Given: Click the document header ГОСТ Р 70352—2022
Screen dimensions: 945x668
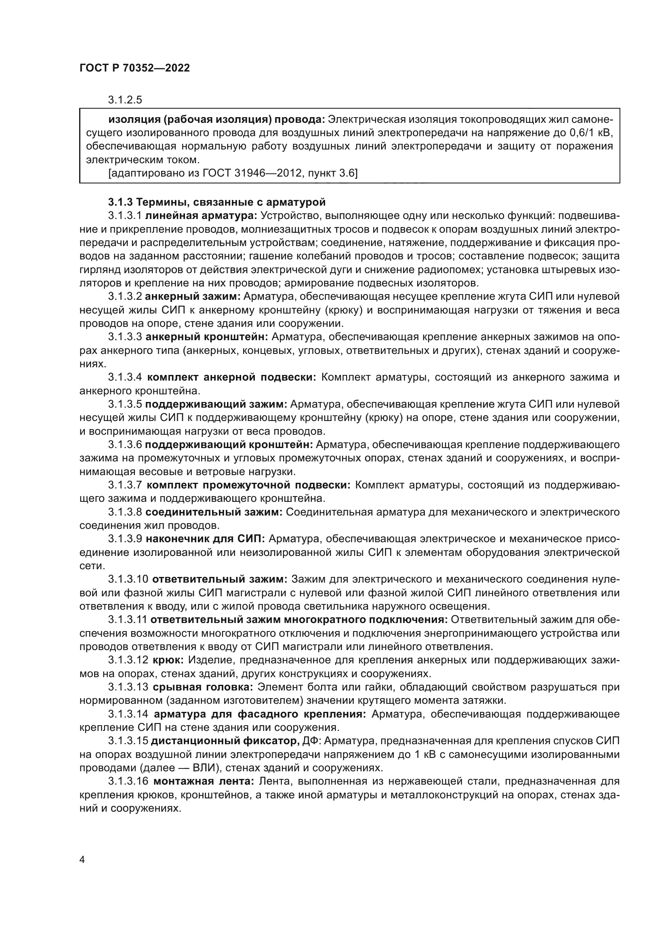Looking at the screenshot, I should click(x=134, y=68).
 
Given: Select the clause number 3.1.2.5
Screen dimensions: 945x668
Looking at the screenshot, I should click(x=125, y=100).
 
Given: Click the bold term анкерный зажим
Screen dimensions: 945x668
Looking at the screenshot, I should click(x=193, y=296).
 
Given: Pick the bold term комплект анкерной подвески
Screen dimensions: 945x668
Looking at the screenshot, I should click(x=231, y=377).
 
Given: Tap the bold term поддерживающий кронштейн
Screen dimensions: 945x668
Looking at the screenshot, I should click(x=229, y=444).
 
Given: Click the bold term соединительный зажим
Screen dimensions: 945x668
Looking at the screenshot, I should click(x=214, y=512).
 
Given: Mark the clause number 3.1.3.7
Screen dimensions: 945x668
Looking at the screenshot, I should click(x=125, y=485).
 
